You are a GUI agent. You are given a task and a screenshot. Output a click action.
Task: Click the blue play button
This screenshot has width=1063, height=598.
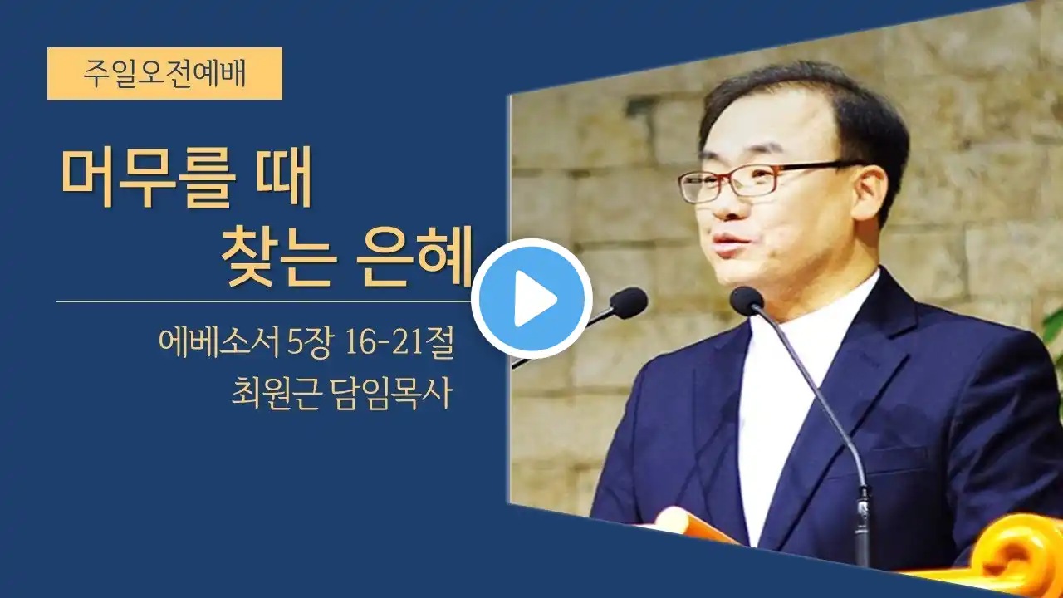tap(531, 298)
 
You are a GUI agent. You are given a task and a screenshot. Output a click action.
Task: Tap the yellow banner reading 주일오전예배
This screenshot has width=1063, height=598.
tap(164, 74)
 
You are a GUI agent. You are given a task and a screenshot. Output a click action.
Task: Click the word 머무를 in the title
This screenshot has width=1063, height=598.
tap(148, 178)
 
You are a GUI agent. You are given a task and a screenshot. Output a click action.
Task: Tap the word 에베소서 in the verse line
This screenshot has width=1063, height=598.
tap(219, 342)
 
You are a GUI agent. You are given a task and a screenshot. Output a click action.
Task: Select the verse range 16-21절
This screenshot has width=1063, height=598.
tap(399, 342)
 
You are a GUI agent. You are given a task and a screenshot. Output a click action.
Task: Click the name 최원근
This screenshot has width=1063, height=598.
tap(274, 394)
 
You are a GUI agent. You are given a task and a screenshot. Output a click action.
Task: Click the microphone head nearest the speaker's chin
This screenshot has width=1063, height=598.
tap(747, 300)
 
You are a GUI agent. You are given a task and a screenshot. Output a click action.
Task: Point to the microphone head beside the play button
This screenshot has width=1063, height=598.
tap(629, 303)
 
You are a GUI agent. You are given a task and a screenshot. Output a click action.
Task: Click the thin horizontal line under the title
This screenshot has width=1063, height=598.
tap(264, 301)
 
